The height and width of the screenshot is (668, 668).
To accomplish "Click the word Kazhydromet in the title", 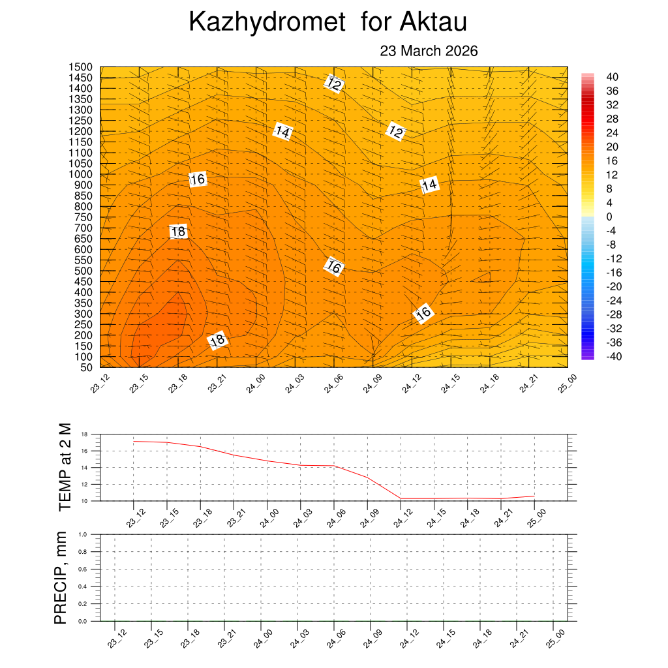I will click(266, 23).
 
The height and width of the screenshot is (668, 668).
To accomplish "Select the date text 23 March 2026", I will click(429, 51).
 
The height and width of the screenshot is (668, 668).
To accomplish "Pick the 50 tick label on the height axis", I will click(85, 367).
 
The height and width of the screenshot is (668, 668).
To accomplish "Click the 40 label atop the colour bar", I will click(612, 76).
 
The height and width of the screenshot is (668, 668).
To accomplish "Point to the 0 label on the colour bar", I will click(609, 217).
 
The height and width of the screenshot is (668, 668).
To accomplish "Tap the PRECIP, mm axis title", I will click(61, 577).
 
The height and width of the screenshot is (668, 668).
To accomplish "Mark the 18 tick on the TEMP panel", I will click(83, 434).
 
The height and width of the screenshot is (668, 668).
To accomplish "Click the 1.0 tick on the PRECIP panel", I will click(83, 534).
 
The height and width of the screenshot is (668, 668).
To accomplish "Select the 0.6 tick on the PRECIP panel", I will click(83, 569).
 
